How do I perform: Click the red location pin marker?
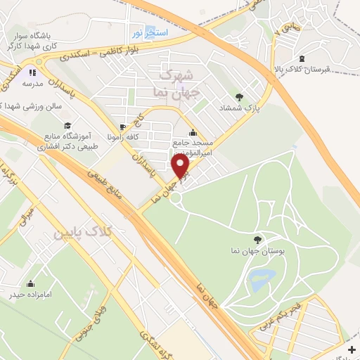click(x=181, y=166)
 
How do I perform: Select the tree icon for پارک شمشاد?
click(x=240, y=97)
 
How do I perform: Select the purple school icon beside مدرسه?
click(x=31, y=72)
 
